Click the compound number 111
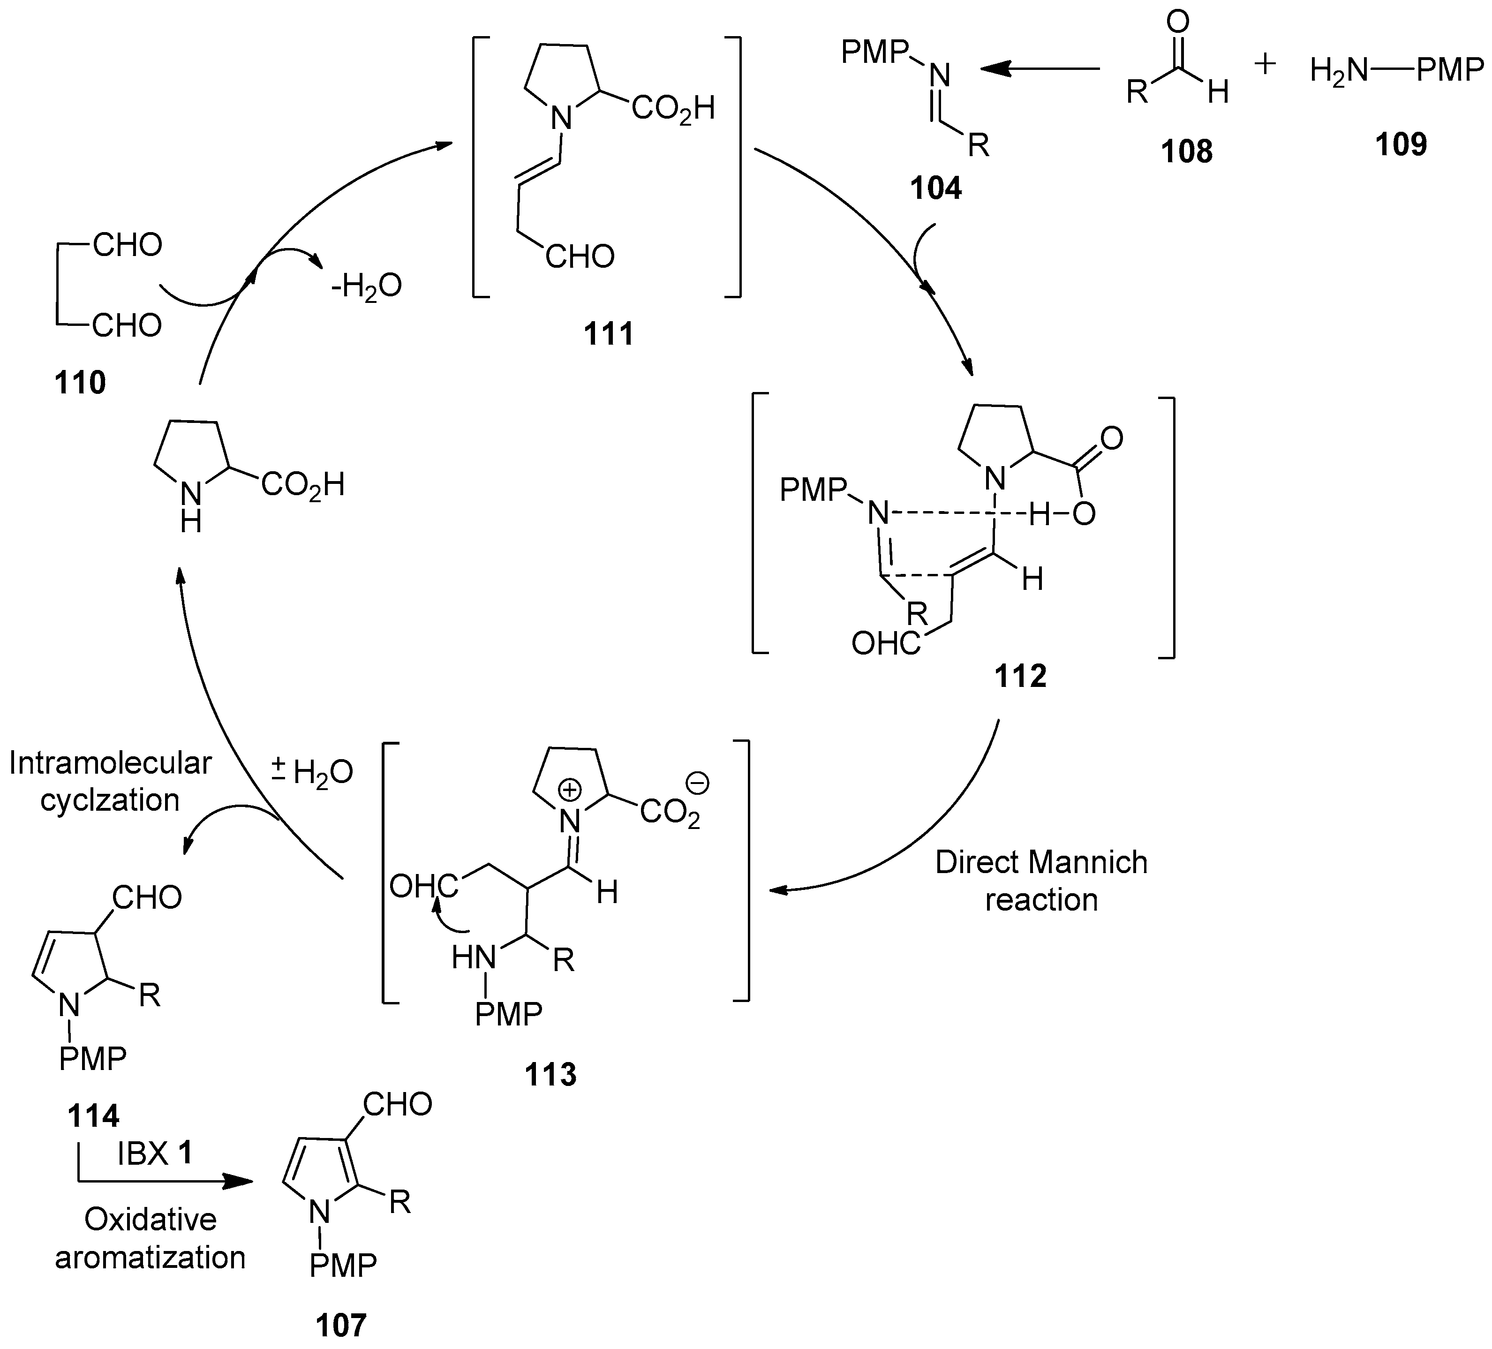coord(608,334)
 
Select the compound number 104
coord(935,188)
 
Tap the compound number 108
coord(1186,152)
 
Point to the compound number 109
coord(1401,144)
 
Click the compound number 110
coord(80,383)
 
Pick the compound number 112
coord(1021,676)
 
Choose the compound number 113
coord(550,1074)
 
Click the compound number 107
coord(341,1325)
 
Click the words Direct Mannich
coord(1040,863)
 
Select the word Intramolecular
coord(110,763)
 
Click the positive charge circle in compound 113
coord(569,790)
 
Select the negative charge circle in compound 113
coord(698,782)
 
